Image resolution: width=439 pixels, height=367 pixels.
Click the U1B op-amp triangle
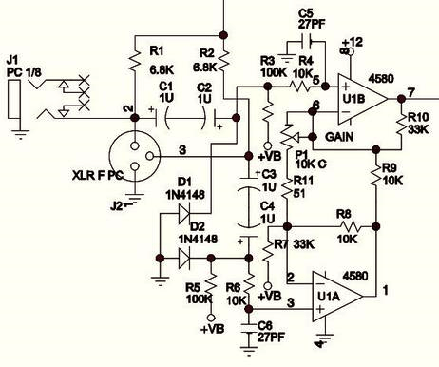(x=362, y=99)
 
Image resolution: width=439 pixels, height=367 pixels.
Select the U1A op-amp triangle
(x=337, y=297)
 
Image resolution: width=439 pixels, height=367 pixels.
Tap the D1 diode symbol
(x=184, y=214)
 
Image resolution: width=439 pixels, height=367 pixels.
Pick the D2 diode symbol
(x=184, y=259)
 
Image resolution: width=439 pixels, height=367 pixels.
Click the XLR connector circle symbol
(x=135, y=156)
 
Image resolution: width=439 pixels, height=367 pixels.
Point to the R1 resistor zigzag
(x=135, y=60)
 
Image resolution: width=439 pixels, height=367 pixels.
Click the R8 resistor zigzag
(x=351, y=226)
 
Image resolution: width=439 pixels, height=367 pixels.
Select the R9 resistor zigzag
(x=376, y=174)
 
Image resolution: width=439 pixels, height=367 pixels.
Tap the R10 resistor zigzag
(x=401, y=123)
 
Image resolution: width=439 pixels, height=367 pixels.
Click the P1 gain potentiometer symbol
(x=288, y=137)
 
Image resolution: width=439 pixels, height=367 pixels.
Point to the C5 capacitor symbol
(x=306, y=41)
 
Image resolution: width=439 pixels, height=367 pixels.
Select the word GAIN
(x=339, y=137)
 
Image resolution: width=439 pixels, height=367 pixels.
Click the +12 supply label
(x=352, y=42)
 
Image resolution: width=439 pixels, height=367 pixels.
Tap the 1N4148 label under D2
(x=198, y=239)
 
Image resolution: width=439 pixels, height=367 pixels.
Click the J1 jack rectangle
(x=14, y=99)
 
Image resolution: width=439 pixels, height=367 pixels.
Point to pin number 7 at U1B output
(x=410, y=92)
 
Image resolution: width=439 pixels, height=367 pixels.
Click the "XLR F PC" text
(x=98, y=175)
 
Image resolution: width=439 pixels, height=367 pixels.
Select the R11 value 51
(x=299, y=193)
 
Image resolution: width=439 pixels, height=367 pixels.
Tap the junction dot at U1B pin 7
(x=401, y=99)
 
